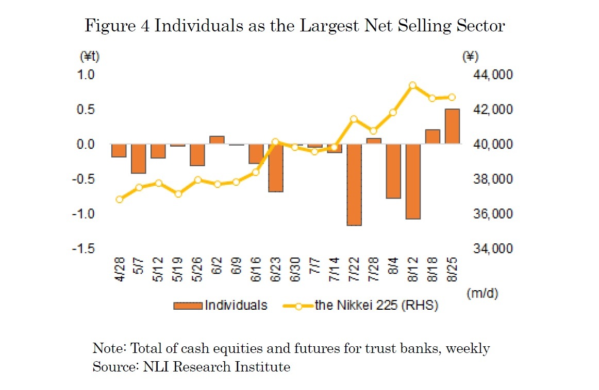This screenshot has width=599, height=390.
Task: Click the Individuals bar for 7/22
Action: (x=354, y=185)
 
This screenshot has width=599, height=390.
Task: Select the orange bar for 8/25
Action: (x=452, y=127)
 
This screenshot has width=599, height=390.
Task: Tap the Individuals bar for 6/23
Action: (x=275, y=168)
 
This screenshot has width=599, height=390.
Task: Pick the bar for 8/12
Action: (x=413, y=181)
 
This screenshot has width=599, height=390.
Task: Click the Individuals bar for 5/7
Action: (x=139, y=158)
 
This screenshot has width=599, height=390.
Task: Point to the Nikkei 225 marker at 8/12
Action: (x=413, y=85)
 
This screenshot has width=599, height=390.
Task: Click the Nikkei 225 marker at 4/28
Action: (x=119, y=199)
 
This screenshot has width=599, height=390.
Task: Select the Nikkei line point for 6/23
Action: (x=275, y=141)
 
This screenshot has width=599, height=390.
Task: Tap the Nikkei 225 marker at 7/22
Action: (x=354, y=119)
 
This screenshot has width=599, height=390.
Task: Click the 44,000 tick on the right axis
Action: (x=492, y=75)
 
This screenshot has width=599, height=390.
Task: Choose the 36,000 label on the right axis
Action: (x=492, y=214)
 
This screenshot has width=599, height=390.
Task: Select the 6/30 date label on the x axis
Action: (x=295, y=270)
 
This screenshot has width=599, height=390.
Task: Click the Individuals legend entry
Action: (x=221, y=305)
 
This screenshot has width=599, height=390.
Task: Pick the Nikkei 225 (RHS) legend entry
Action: (x=361, y=305)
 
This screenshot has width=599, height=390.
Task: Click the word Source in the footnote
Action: (x=109, y=367)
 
